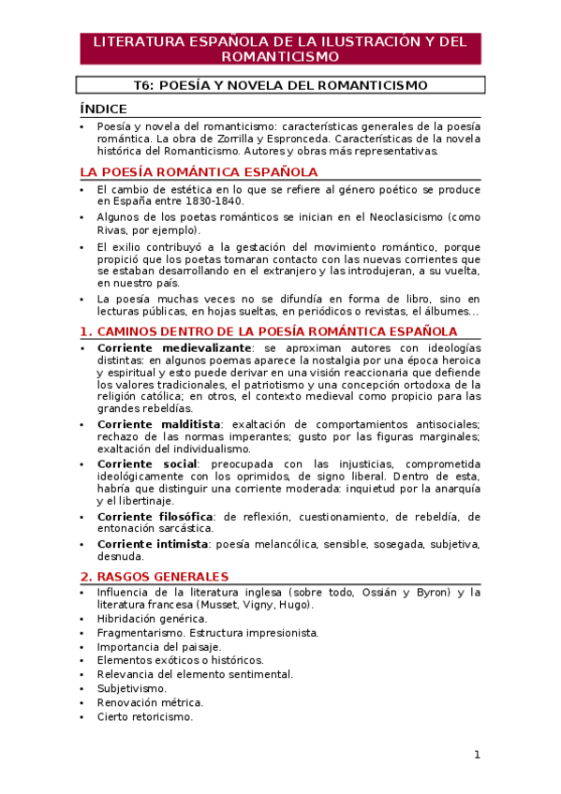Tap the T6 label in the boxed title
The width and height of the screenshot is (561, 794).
pyautogui.click(x=142, y=85)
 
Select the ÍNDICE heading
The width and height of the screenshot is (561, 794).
pyautogui.click(x=104, y=109)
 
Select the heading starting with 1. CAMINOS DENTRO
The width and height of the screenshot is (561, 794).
pyautogui.click(x=269, y=331)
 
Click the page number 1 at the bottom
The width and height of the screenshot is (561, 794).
pyautogui.click(x=477, y=755)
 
